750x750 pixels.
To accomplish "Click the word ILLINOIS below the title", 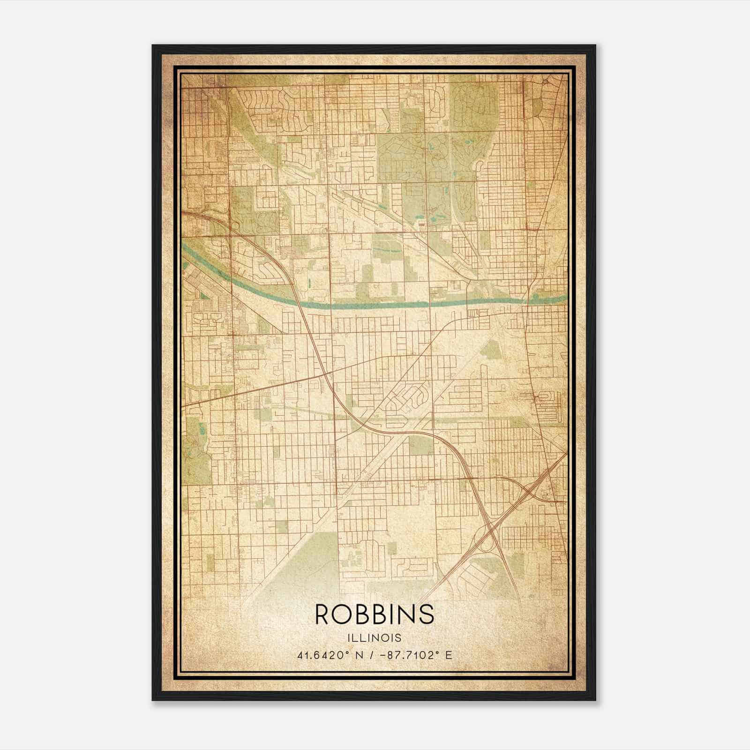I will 375,638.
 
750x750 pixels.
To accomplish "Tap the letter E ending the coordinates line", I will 449,655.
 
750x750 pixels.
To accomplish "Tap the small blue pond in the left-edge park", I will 201,428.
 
